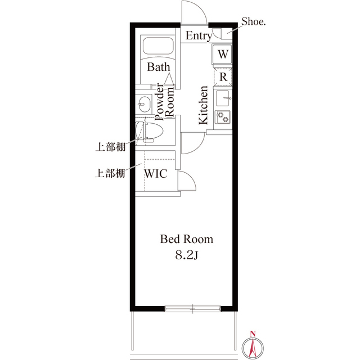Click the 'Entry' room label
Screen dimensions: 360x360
pos(199,37)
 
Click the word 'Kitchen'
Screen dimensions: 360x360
pos(203,105)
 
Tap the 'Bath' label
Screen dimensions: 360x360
pos(159,67)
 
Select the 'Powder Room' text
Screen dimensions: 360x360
pos(164,102)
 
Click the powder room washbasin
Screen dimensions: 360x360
pos(143,104)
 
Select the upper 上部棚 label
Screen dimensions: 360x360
pos(109,148)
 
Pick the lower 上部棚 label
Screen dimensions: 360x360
pos(109,173)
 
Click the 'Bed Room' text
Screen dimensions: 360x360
pos(187,239)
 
